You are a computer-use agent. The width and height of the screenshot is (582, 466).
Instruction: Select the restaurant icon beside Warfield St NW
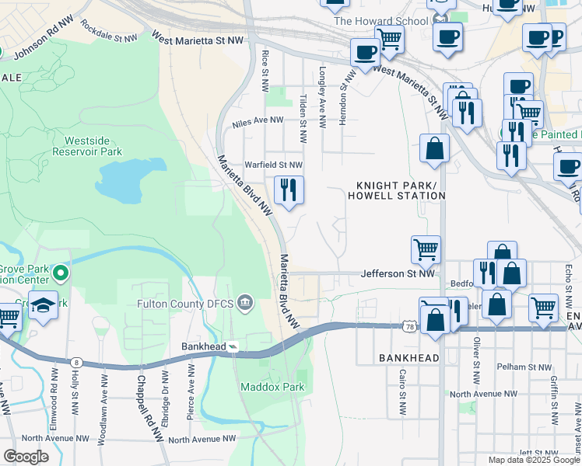coord(289,190)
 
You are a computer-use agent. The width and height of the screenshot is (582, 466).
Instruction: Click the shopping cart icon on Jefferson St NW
coord(426,250)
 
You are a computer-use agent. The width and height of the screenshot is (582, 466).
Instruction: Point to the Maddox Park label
coord(261,386)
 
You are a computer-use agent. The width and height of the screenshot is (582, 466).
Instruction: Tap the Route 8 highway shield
coord(75,361)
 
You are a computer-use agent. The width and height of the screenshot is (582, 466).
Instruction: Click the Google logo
coord(26,457)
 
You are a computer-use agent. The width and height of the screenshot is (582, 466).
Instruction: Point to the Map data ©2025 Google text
coord(534,460)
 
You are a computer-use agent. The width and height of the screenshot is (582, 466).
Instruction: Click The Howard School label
coord(380,21)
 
